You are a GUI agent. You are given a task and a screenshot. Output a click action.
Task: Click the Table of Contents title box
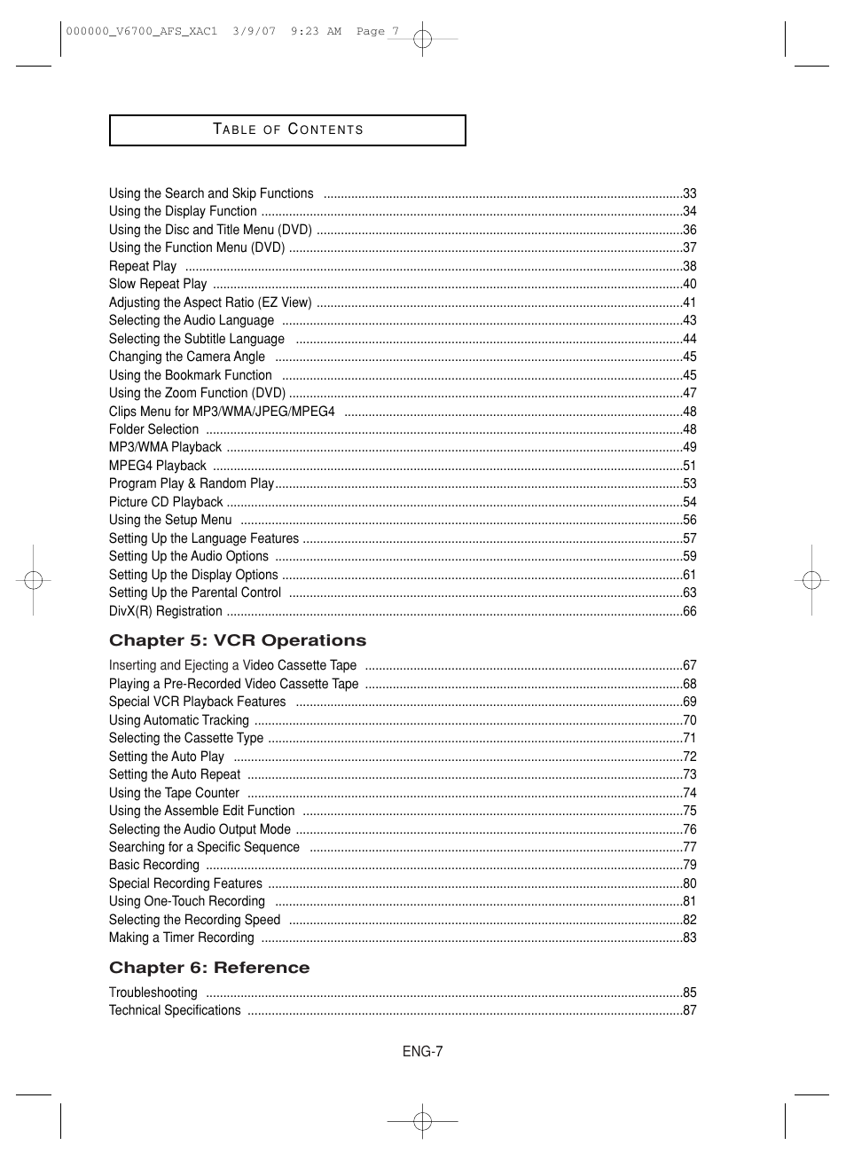click(x=287, y=129)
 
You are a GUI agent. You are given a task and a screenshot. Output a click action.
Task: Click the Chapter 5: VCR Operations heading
click(x=237, y=640)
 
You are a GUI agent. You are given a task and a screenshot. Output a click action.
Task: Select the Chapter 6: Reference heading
click(x=209, y=968)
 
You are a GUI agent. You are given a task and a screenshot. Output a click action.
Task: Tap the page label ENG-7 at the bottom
click(x=422, y=1051)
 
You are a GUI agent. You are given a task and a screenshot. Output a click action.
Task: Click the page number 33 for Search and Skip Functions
click(x=690, y=193)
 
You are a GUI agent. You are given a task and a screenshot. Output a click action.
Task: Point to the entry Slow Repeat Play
click(x=158, y=284)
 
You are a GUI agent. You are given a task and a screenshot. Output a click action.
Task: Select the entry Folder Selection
click(x=153, y=429)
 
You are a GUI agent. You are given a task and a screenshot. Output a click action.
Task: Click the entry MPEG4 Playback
click(x=158, y=466)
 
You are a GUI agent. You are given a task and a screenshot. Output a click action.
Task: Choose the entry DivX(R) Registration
click(x=166, y=611)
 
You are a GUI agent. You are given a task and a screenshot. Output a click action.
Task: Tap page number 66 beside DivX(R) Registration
click(x=690, y=611)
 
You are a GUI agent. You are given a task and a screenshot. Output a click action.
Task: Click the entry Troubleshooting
click(x=153, y=992)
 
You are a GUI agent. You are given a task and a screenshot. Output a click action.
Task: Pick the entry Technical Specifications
click(x=175, y=1010)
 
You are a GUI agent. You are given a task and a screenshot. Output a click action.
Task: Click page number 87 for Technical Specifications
click(x=690, y=1010)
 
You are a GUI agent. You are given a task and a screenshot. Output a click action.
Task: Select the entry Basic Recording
click(x=154, y=865)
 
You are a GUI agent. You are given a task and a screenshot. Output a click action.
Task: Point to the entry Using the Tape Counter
click(x=174, y=793)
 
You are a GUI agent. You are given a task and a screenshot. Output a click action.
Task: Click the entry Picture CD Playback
click(x=166, y=502)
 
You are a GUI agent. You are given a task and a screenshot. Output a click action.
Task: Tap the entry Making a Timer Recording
click(x=181, y=937)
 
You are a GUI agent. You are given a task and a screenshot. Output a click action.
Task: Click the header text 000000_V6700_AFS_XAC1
click(x=141, y=31)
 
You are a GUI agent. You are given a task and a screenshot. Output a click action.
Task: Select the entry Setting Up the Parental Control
click(x=195, y=592)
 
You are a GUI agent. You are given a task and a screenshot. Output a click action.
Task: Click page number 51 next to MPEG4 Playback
click(x=690, y=466)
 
